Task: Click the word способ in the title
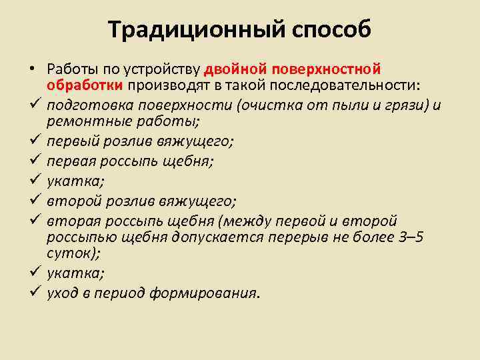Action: click(x=329, y=30)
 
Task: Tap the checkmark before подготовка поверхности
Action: click(x=33, y=105)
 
